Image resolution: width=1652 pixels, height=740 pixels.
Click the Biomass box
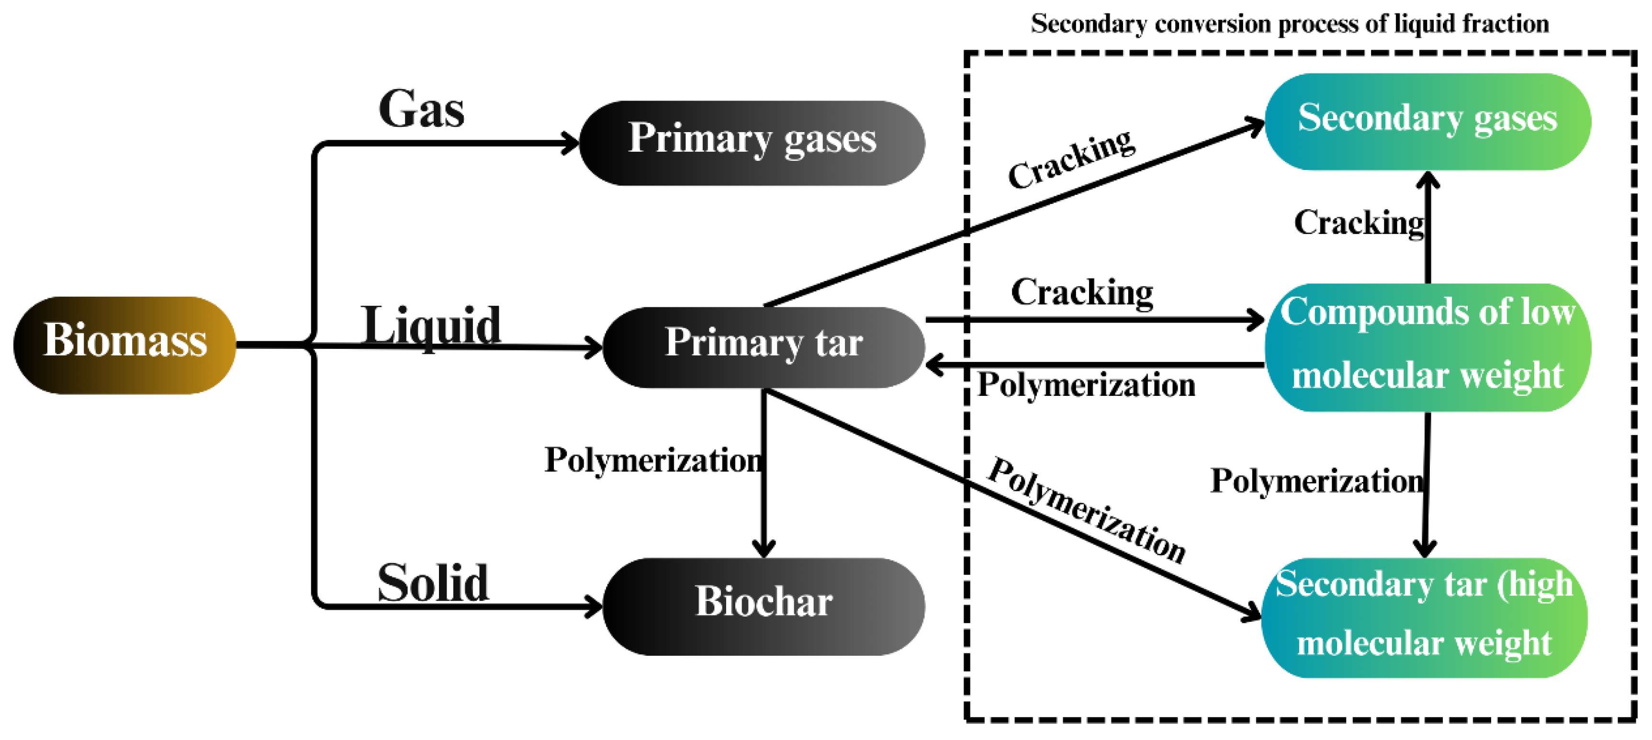[x=124, y=345]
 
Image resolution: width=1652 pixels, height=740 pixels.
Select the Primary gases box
[x=752, y=142]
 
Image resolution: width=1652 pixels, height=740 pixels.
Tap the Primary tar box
[x=763, y=347]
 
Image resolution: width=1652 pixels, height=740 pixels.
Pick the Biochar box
[x=763, y=606]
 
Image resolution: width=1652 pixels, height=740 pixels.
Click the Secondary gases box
[x=1427, y=121]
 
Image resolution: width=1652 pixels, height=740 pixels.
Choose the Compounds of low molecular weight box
[x=1427, y=347]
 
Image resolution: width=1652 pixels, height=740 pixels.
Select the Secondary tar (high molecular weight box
[x=1424, y=617]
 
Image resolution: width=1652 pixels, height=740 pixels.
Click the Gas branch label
[x=421, y=109]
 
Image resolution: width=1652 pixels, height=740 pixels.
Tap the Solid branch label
[x=433, y=582]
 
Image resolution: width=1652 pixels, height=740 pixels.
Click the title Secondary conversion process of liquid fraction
[x=1290, y=24]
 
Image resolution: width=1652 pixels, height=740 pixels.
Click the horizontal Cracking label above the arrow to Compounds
[x=1082, y=292]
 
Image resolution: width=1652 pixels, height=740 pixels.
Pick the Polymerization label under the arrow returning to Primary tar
[x=1086, y=385]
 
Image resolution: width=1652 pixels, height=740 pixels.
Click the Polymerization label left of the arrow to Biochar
[x=653, y=460]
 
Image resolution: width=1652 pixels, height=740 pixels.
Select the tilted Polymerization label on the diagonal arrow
[x=1086, y=510]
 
